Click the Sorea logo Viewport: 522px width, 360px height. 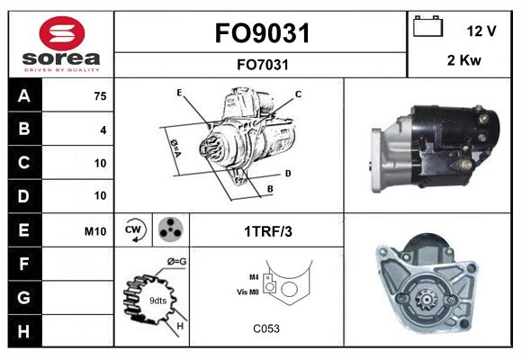(62, 44)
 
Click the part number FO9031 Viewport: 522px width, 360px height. (262, 34)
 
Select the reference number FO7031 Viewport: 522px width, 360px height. (262, 64)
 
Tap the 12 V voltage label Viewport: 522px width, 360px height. (481, 31)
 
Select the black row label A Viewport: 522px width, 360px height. (24, 96)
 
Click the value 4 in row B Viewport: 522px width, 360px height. (103, 130)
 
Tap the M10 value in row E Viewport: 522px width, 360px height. (95, 231)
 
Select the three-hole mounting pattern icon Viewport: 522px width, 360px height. (170, 230)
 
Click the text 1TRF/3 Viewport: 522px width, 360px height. (268, 231)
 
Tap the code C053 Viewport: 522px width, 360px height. (266, 329)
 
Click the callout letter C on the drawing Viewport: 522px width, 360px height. (298, 94)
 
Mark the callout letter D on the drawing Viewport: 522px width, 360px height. (287, 173)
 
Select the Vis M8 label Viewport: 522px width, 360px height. (247, 292)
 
